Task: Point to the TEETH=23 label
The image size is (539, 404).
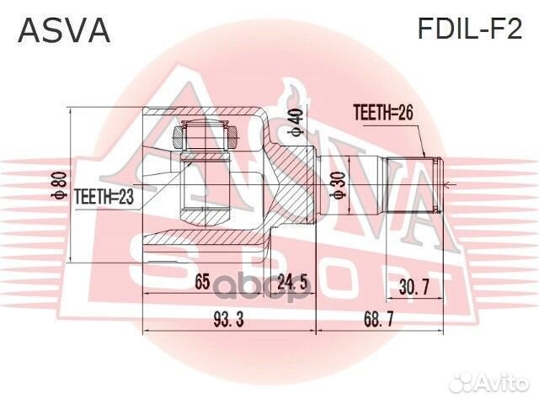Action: click(104, 196)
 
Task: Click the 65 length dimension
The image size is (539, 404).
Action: click(202, 284)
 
